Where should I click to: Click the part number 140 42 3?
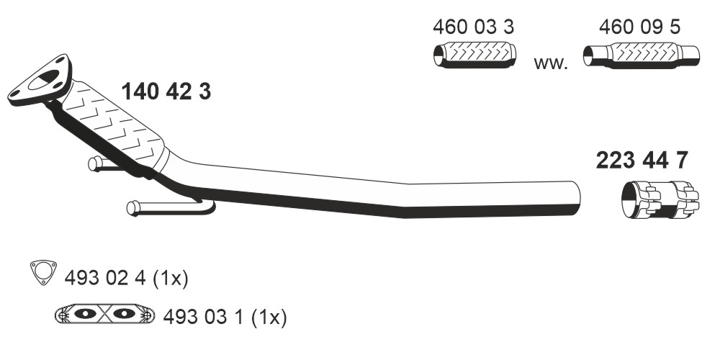pyautogui.click(x=166, y=92)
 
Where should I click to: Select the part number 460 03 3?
pyautogui.click(x=473, y=27)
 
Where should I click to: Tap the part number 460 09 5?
pyautogui.click(x=639, y=27)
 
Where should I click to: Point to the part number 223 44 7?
pyautogui.click(x=642, y=161)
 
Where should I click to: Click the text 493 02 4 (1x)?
pyautogui.click(x=126, y=278)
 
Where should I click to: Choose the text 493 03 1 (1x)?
pyautogui.click(x=225, y=317)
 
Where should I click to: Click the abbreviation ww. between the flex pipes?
pyautogui.click(x=551, y=63)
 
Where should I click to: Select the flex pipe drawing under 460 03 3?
pyautogui.click(x=474, y=55)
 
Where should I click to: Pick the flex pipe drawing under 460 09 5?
pyautogui.click(x=641, y=55)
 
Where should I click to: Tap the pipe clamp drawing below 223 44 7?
pyautogui.click(x=660, y=201)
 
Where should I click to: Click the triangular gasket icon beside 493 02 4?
pyautogui.click(x=43, y=272)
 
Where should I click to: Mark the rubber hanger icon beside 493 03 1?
pyautogui.click(x=104, y=314)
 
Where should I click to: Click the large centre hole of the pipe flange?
pyautogui.click(x=44, y=80)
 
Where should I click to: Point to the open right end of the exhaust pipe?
pyautogui.click(x=576, y=199)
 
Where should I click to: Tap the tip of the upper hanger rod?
pyautogui.click(x=92, y=163)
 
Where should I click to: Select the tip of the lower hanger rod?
pyautogui.click(x=131, y=208)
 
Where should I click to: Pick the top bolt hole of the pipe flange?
pyautogui.click(x=60, y=61)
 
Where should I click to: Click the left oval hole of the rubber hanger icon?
pyautogui.click(x=85, y=314)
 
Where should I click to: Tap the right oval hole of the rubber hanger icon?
pyautogui.click(x=124, y=314)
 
